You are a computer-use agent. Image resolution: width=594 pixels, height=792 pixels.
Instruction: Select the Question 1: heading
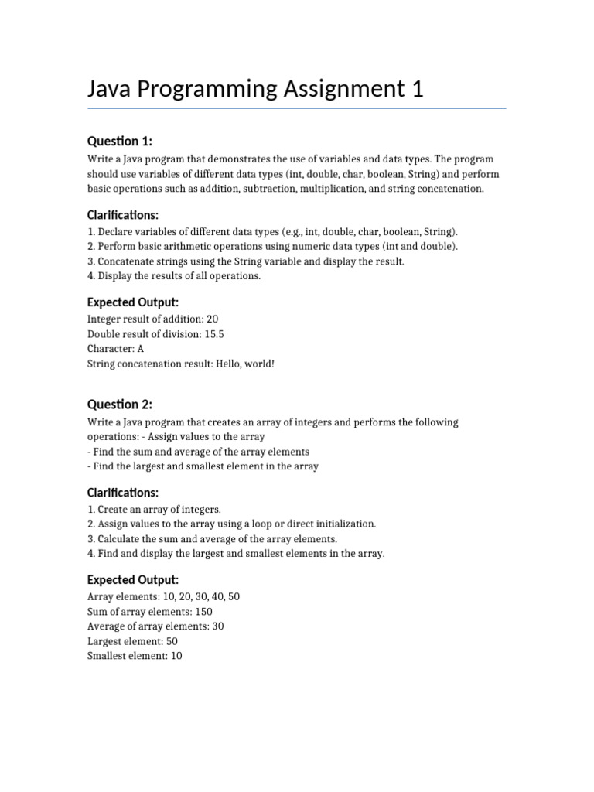(120, 141)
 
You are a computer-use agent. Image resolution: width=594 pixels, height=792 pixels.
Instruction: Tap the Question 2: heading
(120, 405)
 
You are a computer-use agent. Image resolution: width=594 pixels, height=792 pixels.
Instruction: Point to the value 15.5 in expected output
(214, 333)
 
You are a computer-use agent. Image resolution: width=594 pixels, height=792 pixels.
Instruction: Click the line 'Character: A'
(116, 348)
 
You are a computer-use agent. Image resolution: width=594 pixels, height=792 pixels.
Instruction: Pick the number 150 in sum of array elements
(203, 612)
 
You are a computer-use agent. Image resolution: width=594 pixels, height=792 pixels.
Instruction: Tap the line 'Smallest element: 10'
(135, 656)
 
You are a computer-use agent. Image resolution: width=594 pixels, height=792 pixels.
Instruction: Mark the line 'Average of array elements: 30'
(155, 626)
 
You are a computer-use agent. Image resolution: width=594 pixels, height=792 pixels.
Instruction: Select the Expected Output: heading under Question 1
(133, 302)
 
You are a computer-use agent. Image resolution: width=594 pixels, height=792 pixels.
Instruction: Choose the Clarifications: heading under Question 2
(123, 492)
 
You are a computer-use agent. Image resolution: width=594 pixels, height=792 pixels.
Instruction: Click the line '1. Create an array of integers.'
(154, 509)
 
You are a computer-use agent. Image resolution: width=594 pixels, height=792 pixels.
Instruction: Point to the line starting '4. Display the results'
(174, 275)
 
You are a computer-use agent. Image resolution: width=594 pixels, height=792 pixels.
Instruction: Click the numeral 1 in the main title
(418, 90)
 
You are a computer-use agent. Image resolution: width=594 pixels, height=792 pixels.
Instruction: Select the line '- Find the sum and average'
(199, 452)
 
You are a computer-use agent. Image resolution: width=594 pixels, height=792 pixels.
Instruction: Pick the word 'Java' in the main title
(111, 90)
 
